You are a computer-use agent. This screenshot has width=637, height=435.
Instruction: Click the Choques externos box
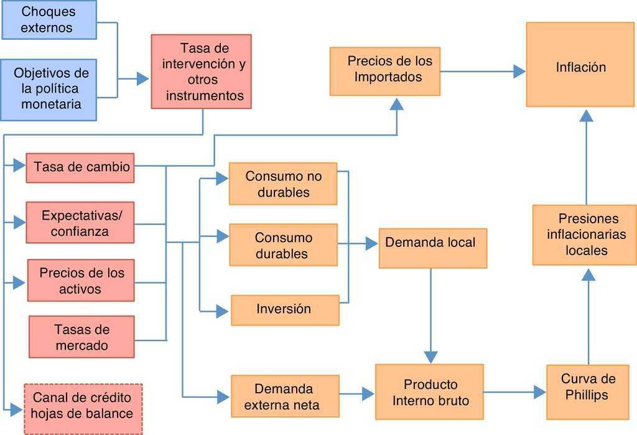[49, 20]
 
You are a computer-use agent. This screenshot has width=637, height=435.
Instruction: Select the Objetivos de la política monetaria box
[49, 88]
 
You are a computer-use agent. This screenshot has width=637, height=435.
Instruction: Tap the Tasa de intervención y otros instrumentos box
[201, 72]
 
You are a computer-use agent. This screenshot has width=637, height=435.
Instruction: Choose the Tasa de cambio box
[80, 167]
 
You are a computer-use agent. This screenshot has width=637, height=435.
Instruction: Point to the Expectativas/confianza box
[80, 223]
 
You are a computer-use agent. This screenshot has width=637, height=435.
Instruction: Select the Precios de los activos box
[81, 281]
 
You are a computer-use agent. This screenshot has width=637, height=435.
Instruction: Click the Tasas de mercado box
[81, 337]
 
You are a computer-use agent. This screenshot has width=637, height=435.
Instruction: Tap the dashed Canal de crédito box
[83, 408]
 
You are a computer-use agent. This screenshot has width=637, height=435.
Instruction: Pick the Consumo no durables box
[283, 184]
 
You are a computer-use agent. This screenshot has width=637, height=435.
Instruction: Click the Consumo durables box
[283, 245]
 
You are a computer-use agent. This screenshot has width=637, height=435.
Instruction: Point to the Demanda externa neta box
[285, 396]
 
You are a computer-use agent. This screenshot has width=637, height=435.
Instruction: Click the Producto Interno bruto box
[429, 392]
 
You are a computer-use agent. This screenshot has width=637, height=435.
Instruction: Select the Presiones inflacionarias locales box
[585, 235]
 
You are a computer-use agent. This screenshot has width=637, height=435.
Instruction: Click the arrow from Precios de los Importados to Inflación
[483, 72]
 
